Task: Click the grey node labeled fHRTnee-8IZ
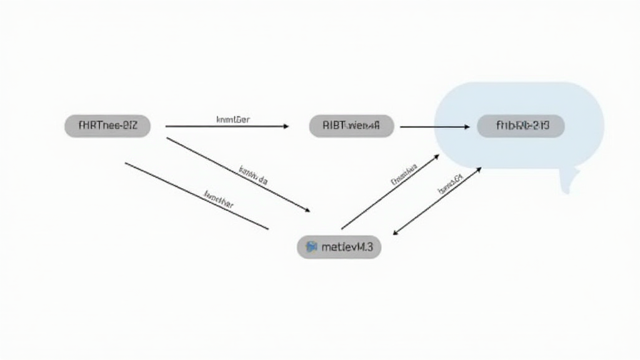(x=107, y=126)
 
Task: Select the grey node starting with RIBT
(x=351, y=126)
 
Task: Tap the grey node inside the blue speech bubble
(x=521, y=126)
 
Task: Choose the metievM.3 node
(x=339, y=247)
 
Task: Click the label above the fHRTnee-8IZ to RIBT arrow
(x=233, y=119)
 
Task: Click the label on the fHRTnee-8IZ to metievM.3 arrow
(x=253, y=176)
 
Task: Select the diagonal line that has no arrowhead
(x=196, y=196)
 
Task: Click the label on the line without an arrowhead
(x=219, y=199)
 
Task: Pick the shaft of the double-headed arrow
(x=436, y=201)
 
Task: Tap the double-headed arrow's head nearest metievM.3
(x=395, y=233)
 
